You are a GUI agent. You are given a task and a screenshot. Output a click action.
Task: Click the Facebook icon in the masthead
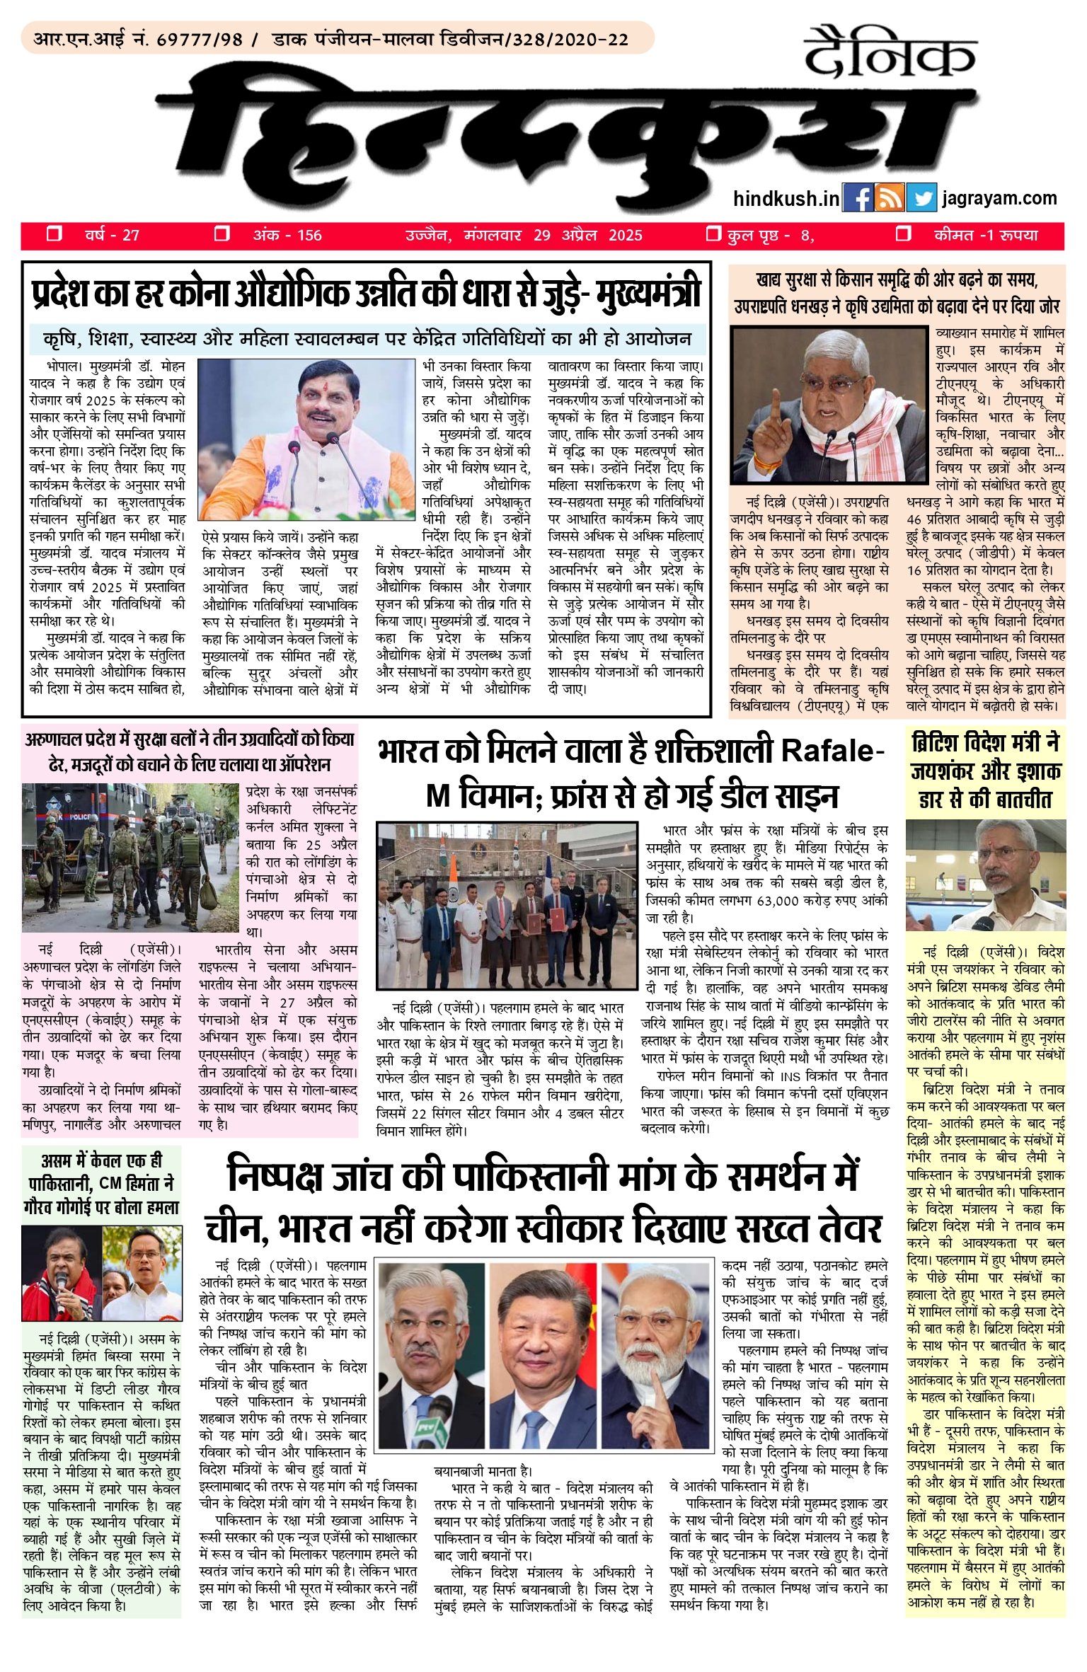[858, 198]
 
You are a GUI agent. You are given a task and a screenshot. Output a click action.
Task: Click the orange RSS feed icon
[890, 198]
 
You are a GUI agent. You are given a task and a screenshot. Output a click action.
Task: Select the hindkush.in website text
[786, 199]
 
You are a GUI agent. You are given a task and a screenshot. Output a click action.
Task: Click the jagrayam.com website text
[999, 198]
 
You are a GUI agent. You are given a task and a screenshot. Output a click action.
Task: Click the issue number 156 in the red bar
[309, 235]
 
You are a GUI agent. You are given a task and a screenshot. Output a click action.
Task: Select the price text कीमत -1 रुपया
[986, 235]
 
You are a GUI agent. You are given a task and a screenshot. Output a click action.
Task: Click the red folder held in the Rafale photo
[556, 921]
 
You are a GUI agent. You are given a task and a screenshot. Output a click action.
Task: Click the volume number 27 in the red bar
[131, 235]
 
